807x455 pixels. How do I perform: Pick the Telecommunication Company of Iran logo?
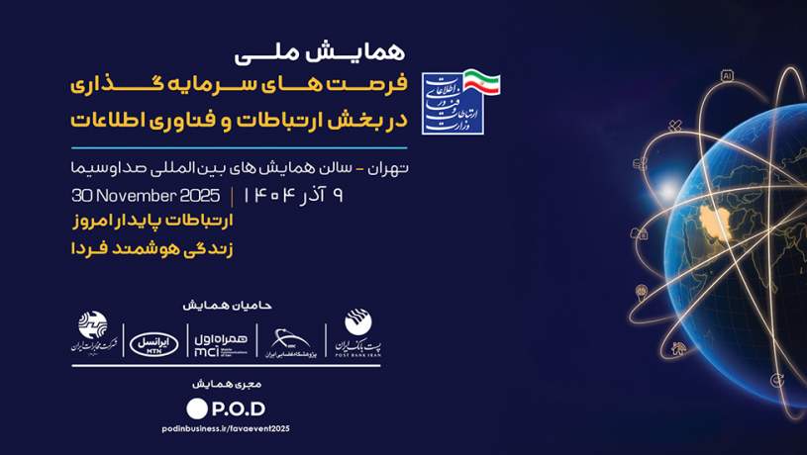coord(93,336)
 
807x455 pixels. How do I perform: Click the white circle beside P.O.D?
coord(197,408)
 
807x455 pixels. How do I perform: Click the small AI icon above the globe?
coord(727,75)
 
